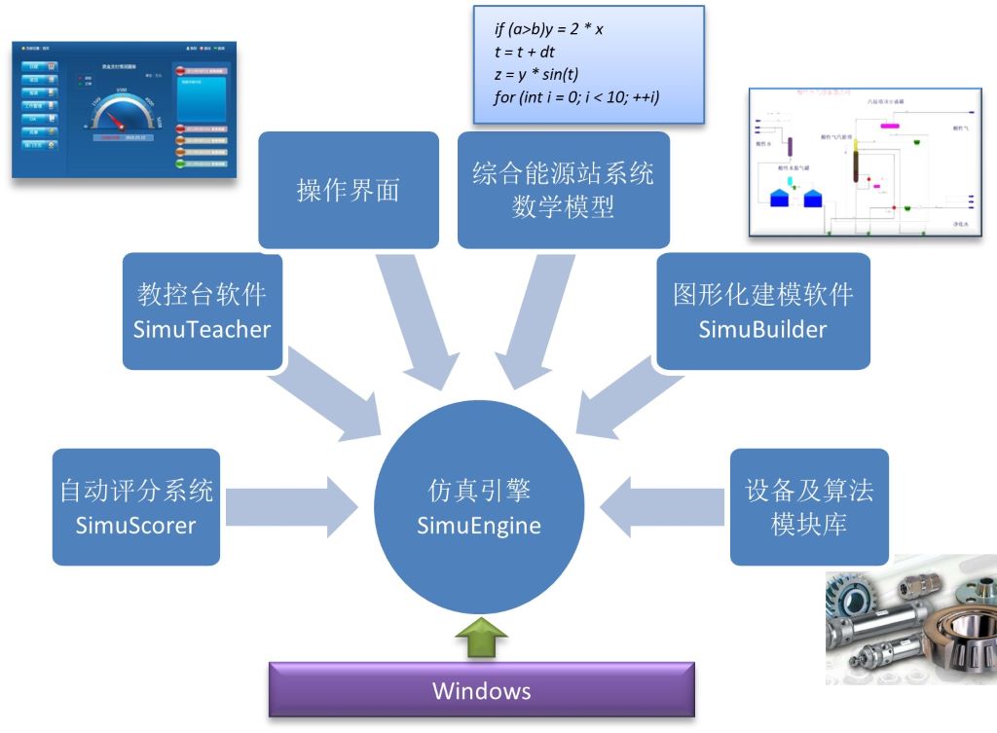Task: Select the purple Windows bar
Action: tap(482, 691)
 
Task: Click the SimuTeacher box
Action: tap(203, 312)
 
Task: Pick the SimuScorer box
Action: tap(135, 507)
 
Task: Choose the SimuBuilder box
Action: tap(763, 312)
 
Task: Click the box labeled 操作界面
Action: tap(349, 190)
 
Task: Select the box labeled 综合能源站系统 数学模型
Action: tap(564, 190)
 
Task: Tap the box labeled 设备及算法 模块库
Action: tap(809, 507)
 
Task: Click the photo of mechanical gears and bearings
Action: tap(909, 618)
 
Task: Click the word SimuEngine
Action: tap(478, 526)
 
